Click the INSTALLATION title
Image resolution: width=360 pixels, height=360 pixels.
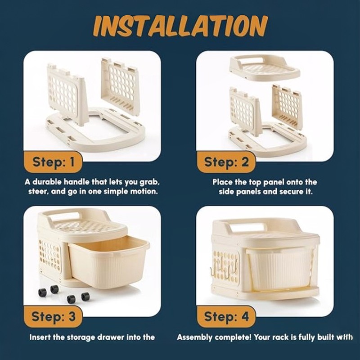click(x=180, y=26)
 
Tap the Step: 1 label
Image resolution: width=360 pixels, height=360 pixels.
click(x=54, y=162)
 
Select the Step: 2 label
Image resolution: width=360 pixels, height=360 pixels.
click(x=226, y=162)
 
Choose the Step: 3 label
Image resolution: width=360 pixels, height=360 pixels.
click(x=54, y=317)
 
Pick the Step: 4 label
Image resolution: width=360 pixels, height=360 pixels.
click(x=226, y=317)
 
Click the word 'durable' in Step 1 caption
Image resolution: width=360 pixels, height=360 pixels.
click(x=47, y=182)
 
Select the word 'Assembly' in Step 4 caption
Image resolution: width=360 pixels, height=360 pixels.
click(x=195, y=337)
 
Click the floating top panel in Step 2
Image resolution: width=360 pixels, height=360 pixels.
click(x=265, y=67)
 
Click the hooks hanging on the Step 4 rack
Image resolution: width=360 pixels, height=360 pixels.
click(x=224, y=269)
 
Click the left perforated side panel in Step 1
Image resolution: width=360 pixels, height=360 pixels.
click(x=67, y=94)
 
